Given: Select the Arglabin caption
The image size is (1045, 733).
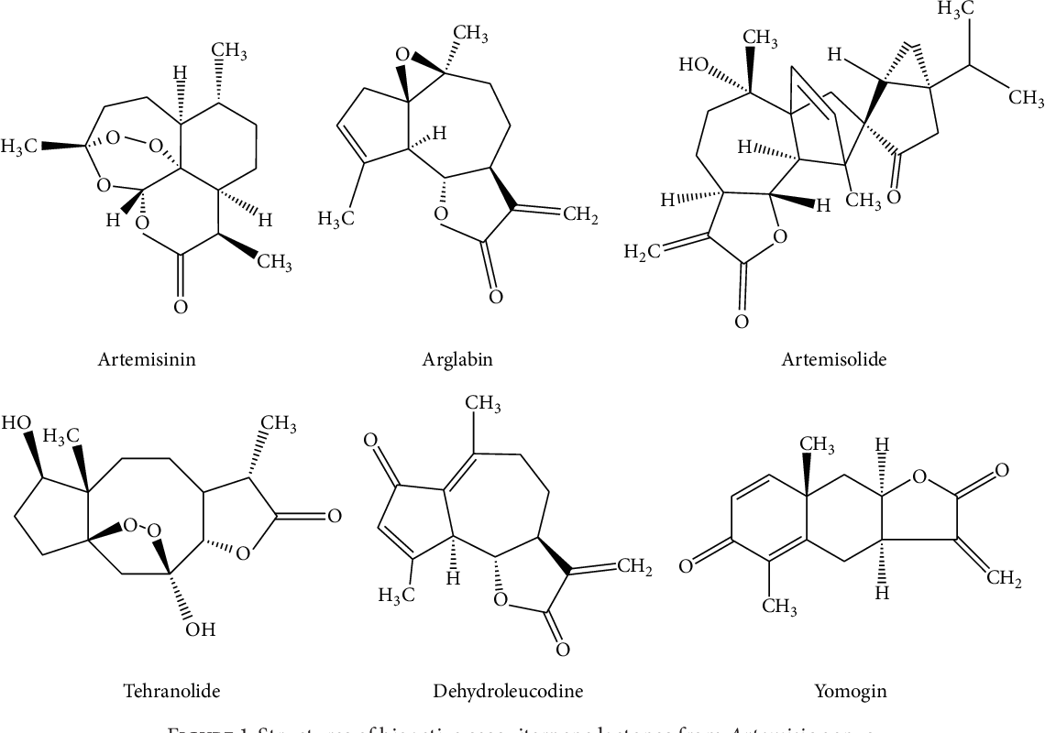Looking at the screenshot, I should [x=457, y=359].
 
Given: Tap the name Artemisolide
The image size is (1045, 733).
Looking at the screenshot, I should [x=833, y=359].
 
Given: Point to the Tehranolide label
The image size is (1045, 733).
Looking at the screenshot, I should [x=171, y=690].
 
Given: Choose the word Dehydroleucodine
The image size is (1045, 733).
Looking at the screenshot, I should [x=507, y=690].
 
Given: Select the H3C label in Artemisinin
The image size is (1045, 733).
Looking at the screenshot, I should [x=19, y=146].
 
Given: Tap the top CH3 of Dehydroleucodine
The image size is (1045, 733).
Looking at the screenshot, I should [x=482, y=404].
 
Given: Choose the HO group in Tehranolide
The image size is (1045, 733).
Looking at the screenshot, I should [x=16, y=423].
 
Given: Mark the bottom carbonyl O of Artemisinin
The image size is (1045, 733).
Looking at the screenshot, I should [x=181, y=307].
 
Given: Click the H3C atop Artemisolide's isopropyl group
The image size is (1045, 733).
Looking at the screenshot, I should [x=953, y=9].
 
